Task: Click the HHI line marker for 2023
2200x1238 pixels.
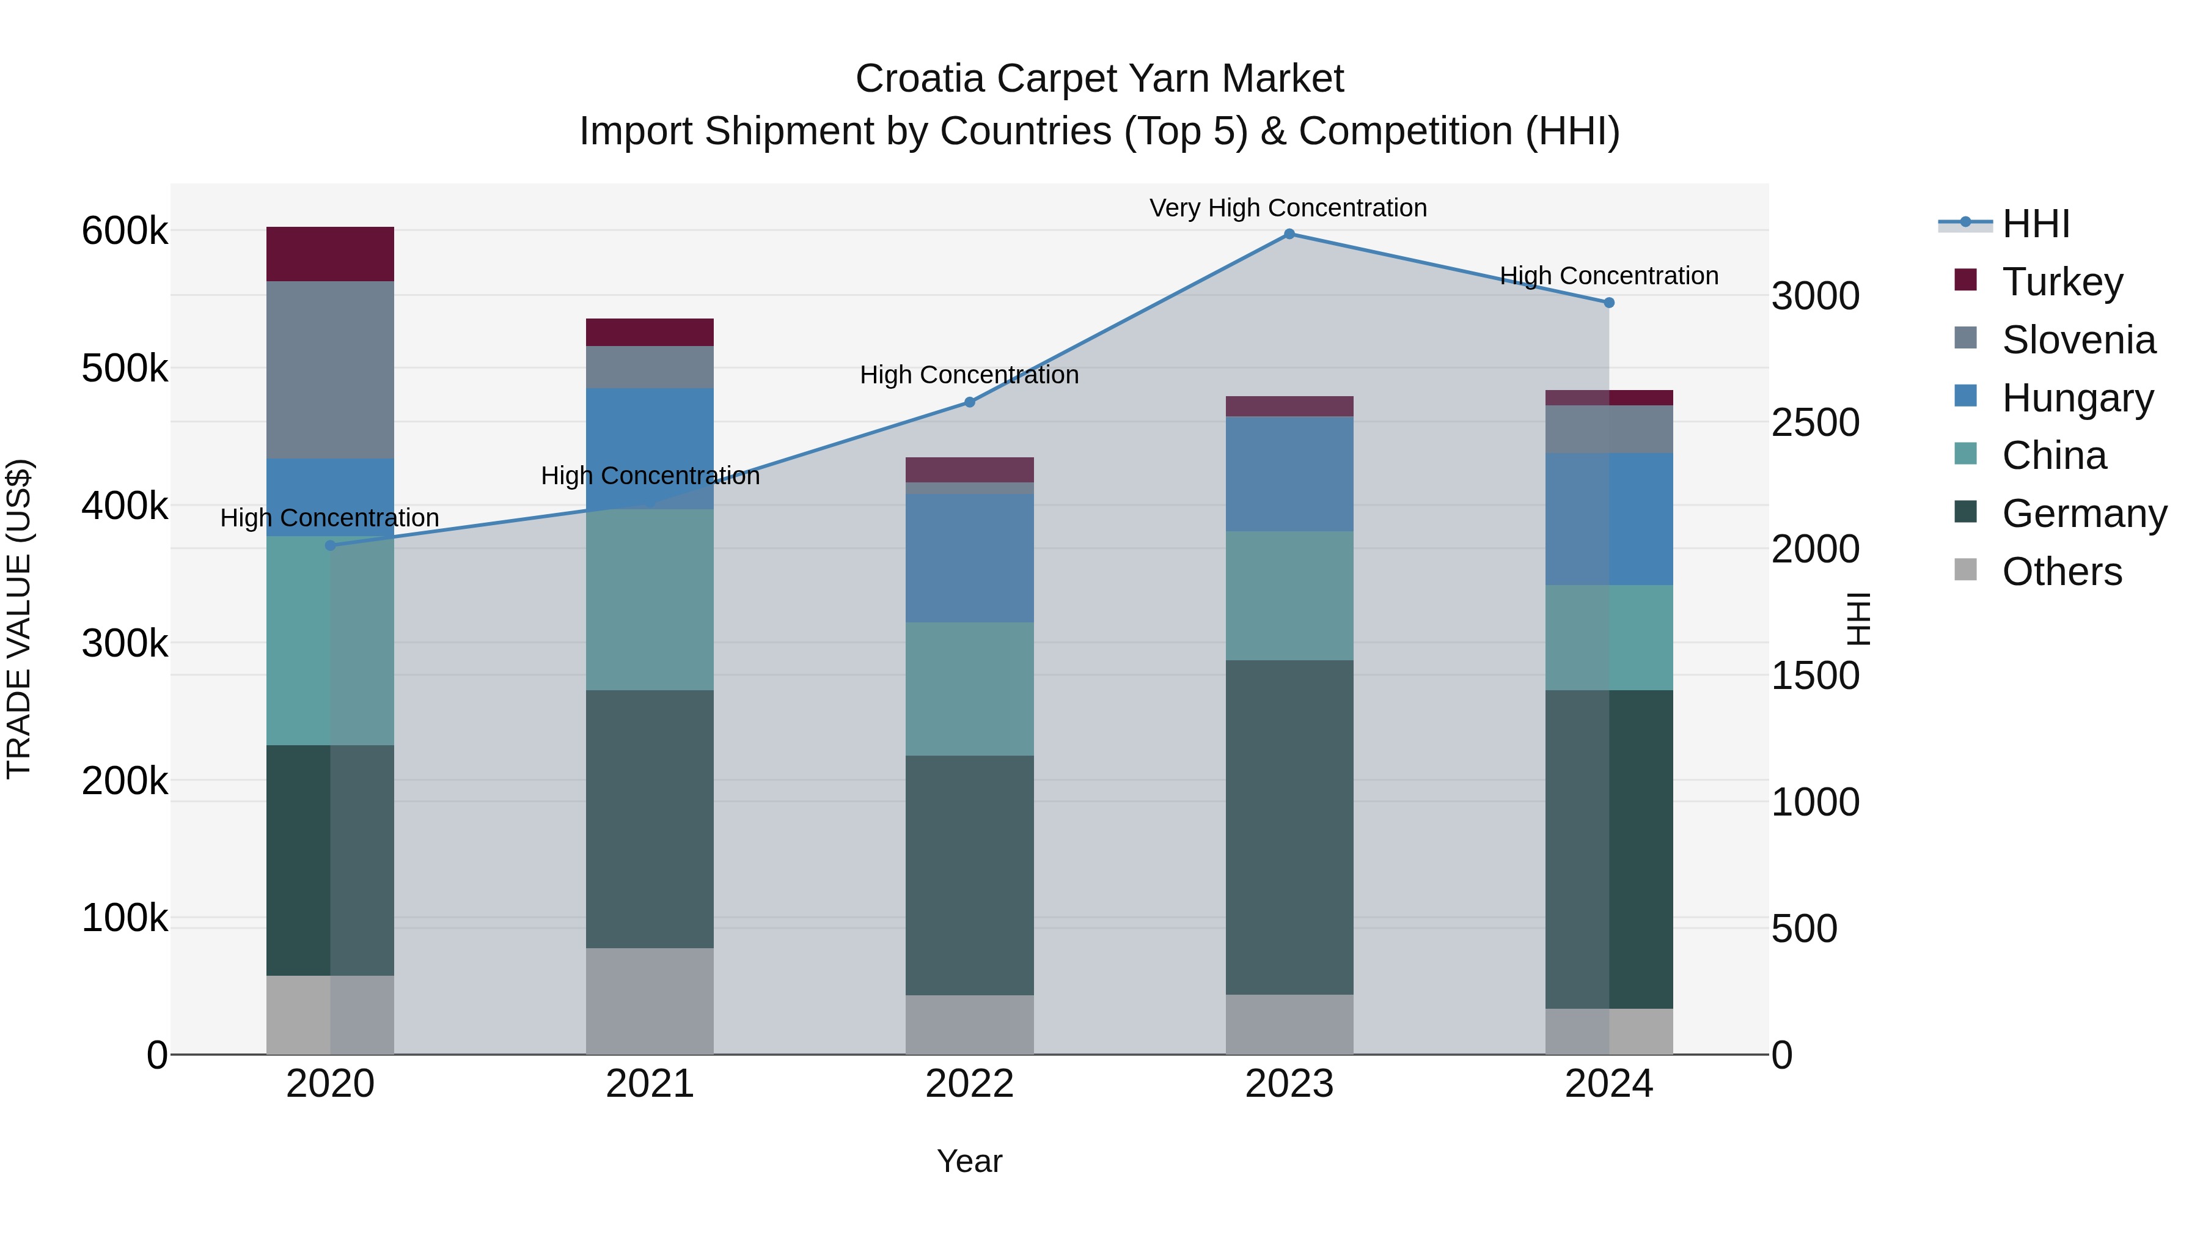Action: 1289,234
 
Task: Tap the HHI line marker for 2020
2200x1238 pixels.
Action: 331,545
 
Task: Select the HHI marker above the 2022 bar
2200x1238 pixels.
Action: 969,402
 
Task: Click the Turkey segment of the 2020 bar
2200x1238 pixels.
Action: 331,254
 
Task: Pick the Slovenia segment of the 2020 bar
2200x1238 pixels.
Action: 331,369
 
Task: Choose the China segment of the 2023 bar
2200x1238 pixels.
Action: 1289,595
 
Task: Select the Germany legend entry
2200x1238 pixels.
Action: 2084,514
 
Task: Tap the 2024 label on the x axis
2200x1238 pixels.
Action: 1608,1084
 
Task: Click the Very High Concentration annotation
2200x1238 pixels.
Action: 1288,208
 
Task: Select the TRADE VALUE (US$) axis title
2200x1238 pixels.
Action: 19,619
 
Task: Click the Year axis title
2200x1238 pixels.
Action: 969,1161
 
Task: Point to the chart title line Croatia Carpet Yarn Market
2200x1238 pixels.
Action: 1099,79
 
